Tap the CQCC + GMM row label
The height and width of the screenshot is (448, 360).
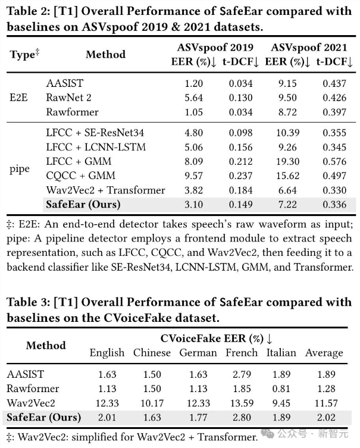click(74, 176)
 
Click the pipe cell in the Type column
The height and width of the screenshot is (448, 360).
click(20, 169)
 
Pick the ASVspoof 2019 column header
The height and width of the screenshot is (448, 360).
click(215, 48)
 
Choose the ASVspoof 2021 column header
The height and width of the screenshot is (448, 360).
click(309, 48)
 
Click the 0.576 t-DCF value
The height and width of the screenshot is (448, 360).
click(334, 161)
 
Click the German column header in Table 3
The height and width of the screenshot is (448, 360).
click(198, 352)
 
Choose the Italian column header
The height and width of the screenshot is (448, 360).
click(281, 352)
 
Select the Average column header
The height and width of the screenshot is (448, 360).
click(324, 352)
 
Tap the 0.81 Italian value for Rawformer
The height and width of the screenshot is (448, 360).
click(281, 388)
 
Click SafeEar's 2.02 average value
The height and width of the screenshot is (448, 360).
click(324, 416)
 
